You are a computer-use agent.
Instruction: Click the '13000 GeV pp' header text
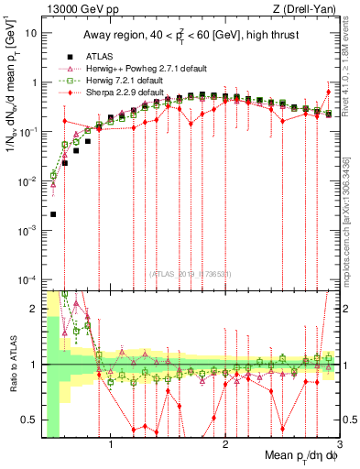click(x=78, y=8)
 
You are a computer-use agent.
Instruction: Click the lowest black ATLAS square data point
click(x=53, y=214)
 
